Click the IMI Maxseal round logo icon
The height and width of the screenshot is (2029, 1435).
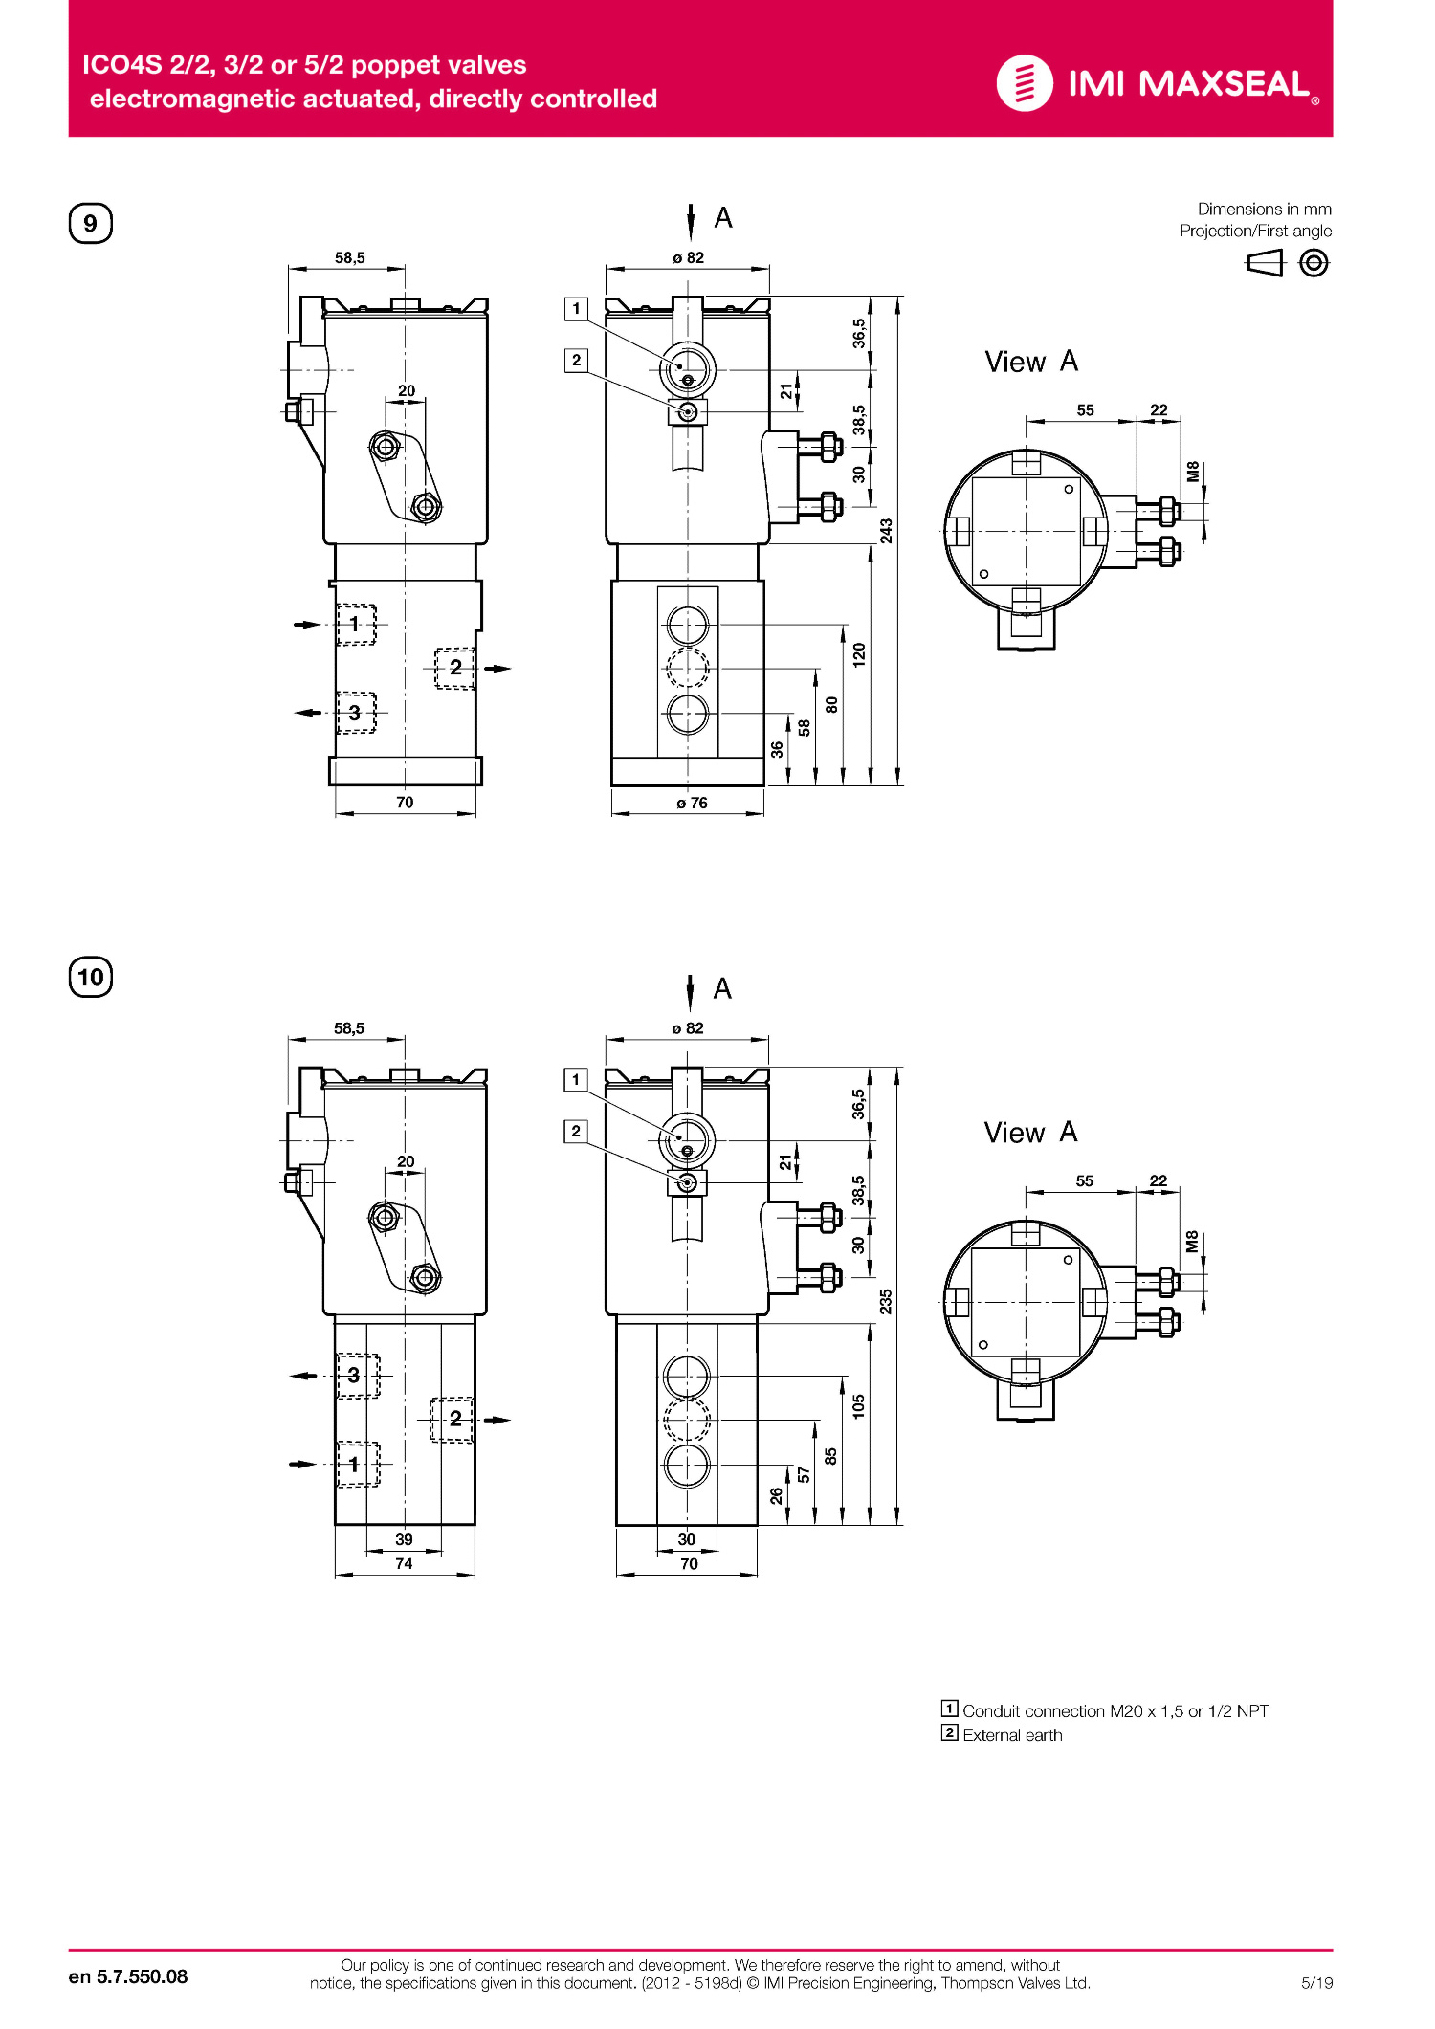[x=1025, y=83]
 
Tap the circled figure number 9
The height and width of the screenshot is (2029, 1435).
[x=91, y=223]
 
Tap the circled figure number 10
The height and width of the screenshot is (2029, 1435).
[x=91, y=977]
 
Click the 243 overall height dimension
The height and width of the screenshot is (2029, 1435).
[x=887, y=531]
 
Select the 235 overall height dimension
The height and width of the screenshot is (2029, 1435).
[x=887, y=1301]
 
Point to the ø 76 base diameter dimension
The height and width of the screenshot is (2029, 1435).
[x=692, y=803]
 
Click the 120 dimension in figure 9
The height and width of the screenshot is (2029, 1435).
[x=859, y=654]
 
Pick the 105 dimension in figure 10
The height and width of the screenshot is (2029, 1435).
[x=859, y=1405]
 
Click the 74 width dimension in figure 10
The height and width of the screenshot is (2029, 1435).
[x=404, y=1563]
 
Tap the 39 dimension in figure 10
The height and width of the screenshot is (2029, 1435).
[x=404, y=1539]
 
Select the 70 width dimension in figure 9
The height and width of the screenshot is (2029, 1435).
[x=405, y=802]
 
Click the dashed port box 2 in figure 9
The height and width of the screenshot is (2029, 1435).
[x=454, y=668]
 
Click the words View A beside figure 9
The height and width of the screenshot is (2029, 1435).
[x=1031, y=362]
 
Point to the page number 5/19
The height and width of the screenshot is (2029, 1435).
[x=1316, y=1982]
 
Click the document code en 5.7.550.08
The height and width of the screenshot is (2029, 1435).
[x=128, y=1976]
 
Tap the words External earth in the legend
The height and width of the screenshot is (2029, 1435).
[x=1012, y=1735]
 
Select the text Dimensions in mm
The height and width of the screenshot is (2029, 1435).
[x=1264, y=209]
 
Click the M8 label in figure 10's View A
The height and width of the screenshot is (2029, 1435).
[x=1192, y=1242]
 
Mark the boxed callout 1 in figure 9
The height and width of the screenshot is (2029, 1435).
[x=576, y=308]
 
